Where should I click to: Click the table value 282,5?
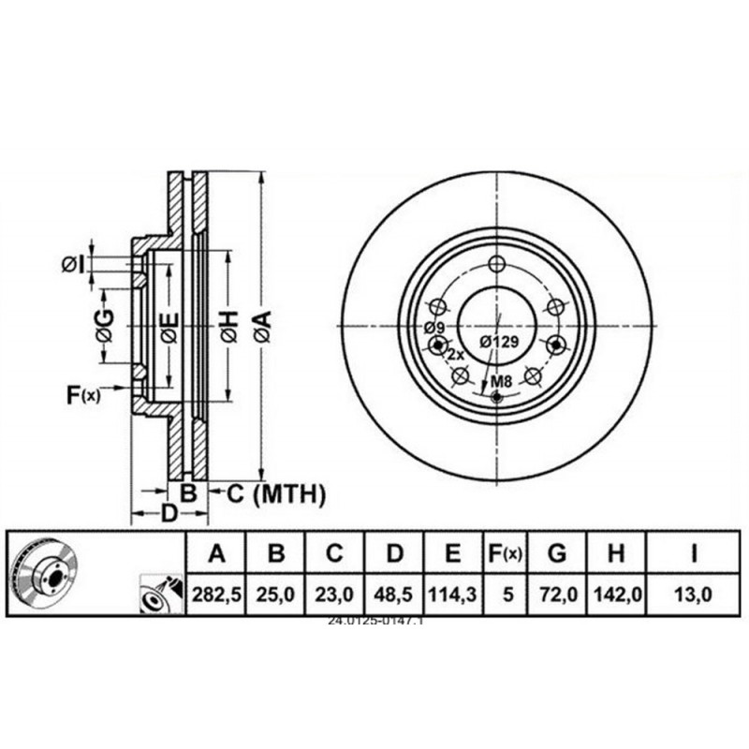click(216, 593)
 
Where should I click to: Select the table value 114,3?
click(452, 593)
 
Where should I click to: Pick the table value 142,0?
click(614, 593)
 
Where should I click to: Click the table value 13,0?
click(694, 593)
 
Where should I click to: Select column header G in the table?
click(557, 554)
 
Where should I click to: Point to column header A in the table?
click(216, 554)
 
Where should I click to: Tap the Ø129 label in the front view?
click(498, 342)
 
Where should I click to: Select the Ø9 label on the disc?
click(433, 327)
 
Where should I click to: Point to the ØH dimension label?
click(228, 324)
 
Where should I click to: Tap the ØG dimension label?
click(104, 324)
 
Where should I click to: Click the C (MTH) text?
click(275, 492)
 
